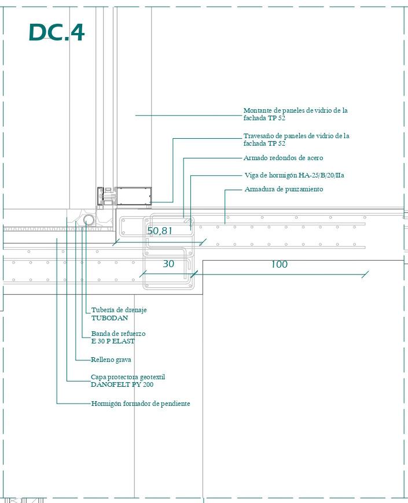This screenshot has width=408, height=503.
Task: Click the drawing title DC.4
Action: [x=56, y=32]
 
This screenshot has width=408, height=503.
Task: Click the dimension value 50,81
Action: [x=160, y=231]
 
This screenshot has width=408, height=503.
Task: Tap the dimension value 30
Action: [x=168, y=264]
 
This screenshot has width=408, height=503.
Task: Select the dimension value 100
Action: [x=279, y=264]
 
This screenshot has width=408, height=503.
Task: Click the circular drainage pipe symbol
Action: [x=89, y=220]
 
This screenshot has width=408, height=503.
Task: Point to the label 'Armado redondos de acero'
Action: [x=283, y=158]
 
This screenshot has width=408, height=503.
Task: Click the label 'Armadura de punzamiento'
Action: [x=284, y=189]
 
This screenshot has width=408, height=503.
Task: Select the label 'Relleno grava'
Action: [x=111, y=360]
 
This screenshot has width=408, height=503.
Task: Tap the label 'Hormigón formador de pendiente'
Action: [x=141, y=404]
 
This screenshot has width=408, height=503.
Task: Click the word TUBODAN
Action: [x=109, y=318]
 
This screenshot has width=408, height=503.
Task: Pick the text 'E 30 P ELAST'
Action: [x=113, y=341]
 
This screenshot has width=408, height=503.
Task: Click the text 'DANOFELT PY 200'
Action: [x=122, y=384]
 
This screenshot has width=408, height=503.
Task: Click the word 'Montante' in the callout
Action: [x=258, y=110]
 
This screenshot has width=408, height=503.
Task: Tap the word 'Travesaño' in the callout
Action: [x=259, y=136]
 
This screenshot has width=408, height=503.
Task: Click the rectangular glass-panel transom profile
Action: [x=134, y=196]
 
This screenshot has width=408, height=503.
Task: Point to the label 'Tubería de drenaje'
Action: [x=119, y=310]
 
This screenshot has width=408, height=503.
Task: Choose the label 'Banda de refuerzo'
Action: [x=118, y=334]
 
